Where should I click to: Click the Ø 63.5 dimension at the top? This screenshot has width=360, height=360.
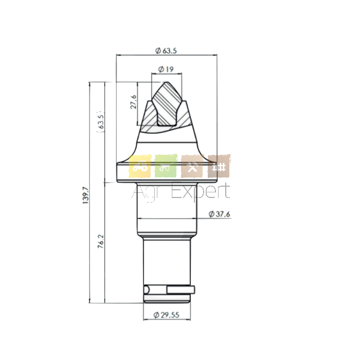(x=166, y=50)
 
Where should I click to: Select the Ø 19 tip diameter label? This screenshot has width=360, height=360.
(x=166, y=69)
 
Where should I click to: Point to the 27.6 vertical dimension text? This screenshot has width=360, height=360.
(x=134, y=102)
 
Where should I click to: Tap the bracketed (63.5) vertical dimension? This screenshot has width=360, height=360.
(x=100, y=122)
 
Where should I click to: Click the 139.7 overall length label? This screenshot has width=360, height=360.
(x=85, y=195)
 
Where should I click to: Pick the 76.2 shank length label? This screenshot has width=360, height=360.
(x=101, y=241)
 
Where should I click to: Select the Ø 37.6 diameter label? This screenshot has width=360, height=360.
(x=219, y=214)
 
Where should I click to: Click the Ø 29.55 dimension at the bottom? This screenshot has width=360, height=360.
(x=167, y=315)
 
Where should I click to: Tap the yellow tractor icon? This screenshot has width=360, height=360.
(x=140, y=166)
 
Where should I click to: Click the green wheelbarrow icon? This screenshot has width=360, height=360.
(x=166, y=166)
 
